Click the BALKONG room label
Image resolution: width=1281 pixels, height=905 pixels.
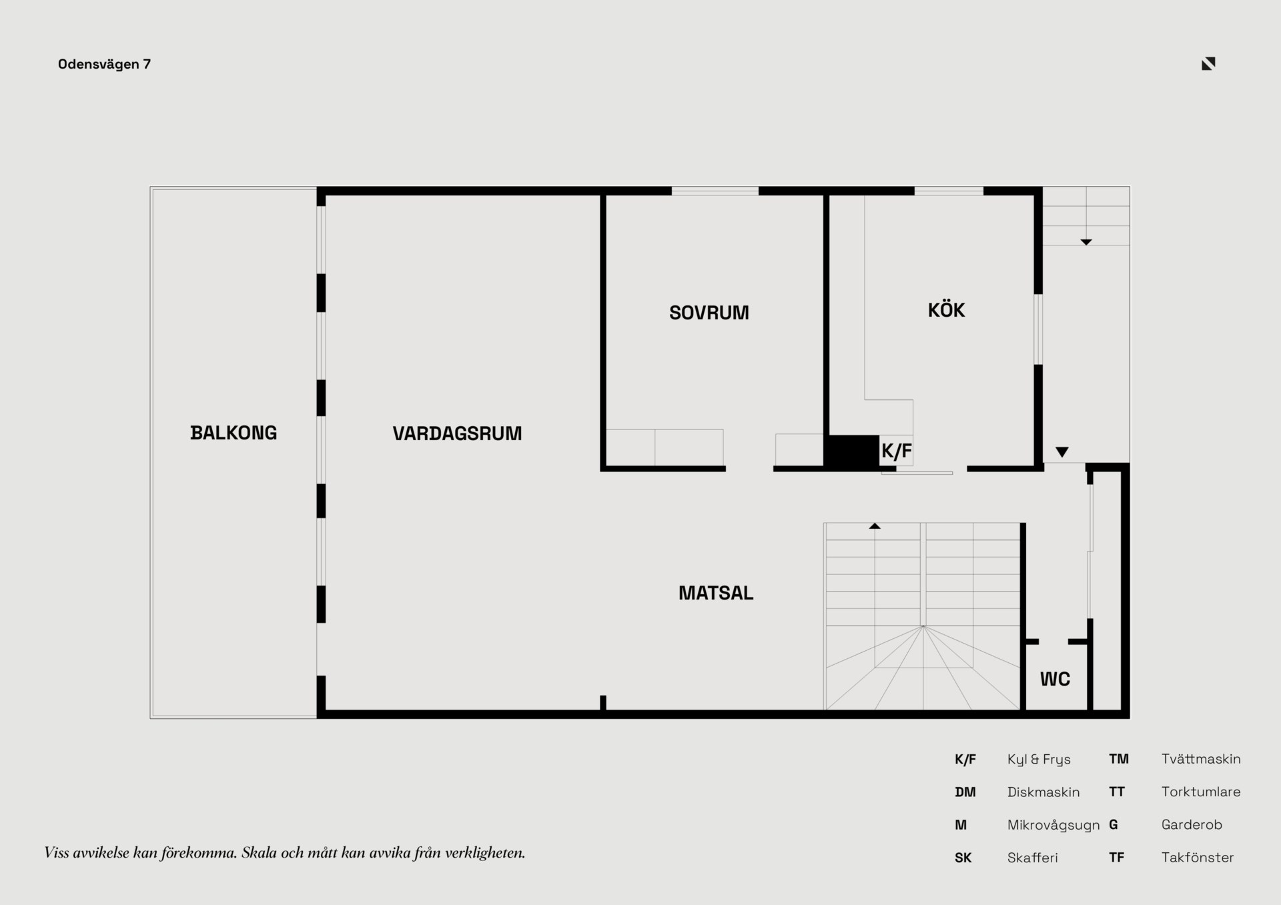coord(234,433)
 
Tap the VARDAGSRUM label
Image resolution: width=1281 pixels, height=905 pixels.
coord(457,433)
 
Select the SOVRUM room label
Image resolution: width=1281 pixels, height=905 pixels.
coord(709,313)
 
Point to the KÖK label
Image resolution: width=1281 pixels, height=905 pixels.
coord(946,309)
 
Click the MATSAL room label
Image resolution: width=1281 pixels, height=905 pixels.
coord(716,593)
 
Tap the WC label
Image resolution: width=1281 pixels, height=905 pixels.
coord(1055,680)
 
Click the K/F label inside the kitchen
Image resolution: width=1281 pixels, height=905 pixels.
coord(897,451)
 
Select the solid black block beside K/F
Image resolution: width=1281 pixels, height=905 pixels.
coord(852,451)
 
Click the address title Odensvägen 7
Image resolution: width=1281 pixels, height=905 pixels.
coord(104,65)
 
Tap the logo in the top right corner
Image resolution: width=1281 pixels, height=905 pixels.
coord(1208,63)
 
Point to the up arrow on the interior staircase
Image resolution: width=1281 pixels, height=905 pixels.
coord(875,526)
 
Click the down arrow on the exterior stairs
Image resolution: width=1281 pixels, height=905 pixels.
coord(1086,242)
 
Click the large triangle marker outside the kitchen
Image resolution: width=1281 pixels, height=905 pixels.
coord(1062,452)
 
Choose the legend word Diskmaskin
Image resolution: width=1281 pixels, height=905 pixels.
coord(1043,792)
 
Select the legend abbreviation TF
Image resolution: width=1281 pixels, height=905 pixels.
coord(1117,858)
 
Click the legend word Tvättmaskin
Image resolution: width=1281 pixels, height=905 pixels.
coord(1201,759)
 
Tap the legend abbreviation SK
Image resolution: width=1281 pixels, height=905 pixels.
coord(963,858)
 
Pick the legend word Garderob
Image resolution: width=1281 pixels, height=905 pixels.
coord(1192,825)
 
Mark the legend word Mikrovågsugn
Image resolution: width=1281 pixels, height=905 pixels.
coord(1053,826)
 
